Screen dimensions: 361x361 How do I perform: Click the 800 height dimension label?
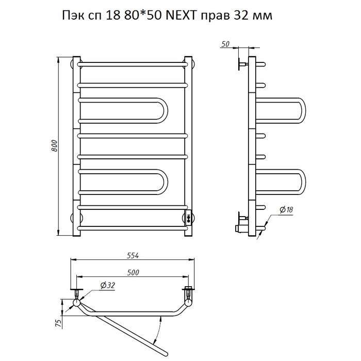point(54,145)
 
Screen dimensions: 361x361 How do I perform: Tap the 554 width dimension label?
point(133,255)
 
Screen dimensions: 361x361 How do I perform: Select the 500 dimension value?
point(133,272)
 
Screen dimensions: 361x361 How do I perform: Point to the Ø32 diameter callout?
point(107,286)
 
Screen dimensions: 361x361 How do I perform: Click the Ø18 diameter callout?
point(286,209)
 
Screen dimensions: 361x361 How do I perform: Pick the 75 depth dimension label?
point(59,323)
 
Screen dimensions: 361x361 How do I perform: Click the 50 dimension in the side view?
point(225,44)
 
